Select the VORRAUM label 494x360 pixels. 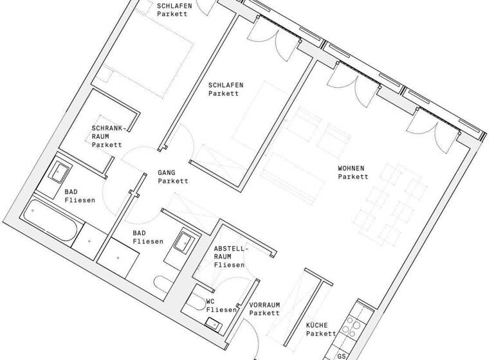pos(264,305)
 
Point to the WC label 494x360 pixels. pos(210,301)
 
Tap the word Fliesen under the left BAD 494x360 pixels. pos(79,200)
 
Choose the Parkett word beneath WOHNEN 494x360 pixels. pos(352,177)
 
